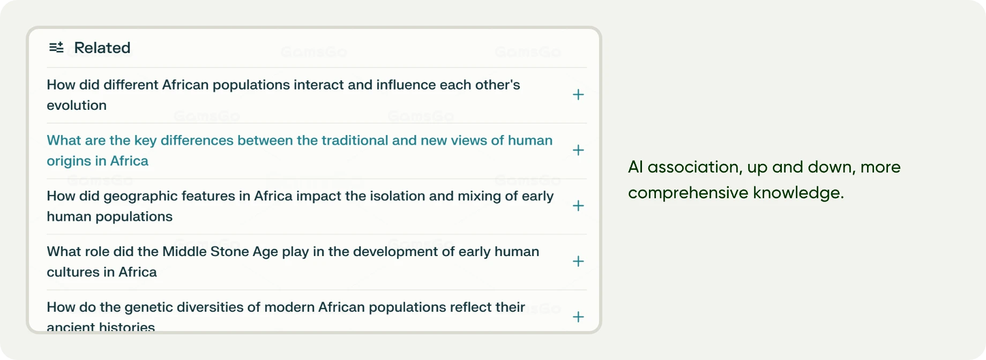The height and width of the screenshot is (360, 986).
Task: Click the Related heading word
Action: click(x=102, y=48)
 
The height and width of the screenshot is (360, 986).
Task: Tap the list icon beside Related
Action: click(x=56, y=48)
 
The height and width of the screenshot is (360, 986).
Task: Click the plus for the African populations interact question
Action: click(x=578, y=95)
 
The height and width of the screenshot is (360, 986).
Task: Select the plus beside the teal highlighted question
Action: click(x=578, y=151)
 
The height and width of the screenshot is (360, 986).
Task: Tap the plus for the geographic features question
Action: click(x=578, y=206)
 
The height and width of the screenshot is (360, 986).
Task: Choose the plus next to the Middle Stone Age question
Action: click(x=578, y=261)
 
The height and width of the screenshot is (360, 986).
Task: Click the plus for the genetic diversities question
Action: click(x=578, y=317)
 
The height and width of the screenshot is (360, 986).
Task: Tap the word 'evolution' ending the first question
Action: click(x=77, y=106)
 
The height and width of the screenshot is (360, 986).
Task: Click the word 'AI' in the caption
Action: click(x=635, y=167)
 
